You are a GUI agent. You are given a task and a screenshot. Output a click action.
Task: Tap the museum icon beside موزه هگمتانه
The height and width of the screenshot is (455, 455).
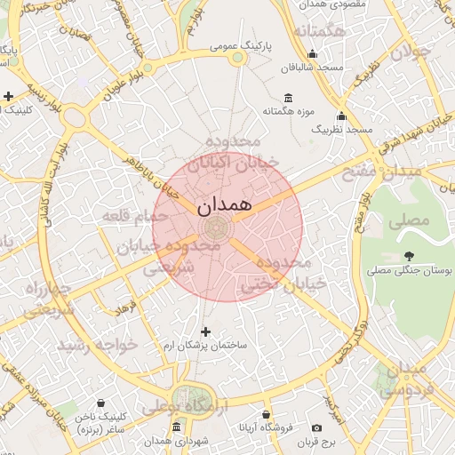(287, 98)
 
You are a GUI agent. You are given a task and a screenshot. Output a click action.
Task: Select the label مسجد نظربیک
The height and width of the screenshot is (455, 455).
(340, 130)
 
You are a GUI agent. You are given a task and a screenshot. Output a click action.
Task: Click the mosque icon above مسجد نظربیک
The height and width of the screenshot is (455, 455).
(341, 116)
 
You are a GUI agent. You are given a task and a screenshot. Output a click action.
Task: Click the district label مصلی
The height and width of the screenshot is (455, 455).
(410, 219)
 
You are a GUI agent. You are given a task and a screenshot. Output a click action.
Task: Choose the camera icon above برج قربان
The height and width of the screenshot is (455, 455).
(316, 427)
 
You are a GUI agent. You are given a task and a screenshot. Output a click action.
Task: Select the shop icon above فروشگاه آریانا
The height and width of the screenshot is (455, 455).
(266, 415)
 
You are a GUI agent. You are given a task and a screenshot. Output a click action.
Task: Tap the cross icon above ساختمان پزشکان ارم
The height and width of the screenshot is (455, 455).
(206, 331)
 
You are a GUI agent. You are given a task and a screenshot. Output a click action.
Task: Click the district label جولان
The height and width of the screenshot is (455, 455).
(410, 52)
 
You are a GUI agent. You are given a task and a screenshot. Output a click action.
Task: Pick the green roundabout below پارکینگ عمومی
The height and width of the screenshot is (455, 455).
(237, 59)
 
